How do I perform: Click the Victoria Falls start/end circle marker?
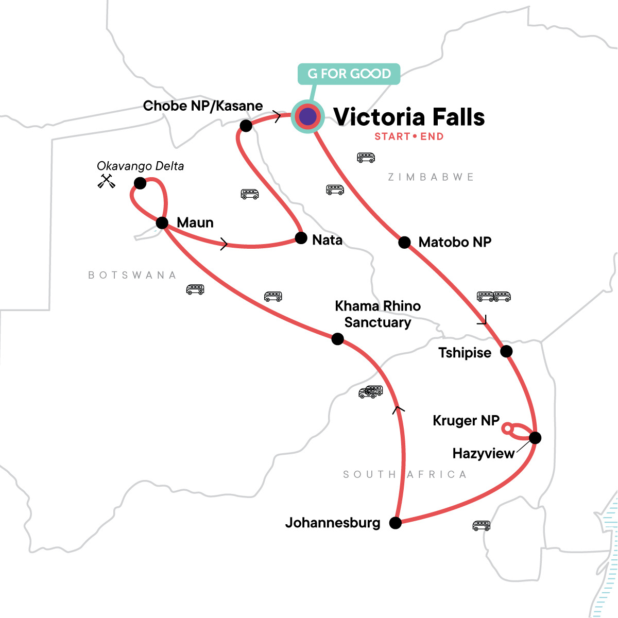tap(307, 117)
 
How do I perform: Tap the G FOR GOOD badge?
tap(349, 74)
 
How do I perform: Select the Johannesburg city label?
tap(333, 523)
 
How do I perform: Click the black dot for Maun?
tap(162, 223)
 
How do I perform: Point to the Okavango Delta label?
tap(140, 166)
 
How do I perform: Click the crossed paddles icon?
tap(107, 181)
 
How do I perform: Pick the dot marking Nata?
tap(301, 238)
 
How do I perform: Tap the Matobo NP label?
tap(455, 242)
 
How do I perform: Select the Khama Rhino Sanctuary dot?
tap(337, 339)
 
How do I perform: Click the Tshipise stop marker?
tap(506, 351)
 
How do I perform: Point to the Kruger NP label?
tap(466, 421)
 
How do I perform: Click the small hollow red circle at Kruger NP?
tap(507, 428)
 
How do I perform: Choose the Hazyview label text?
tap(483, 454)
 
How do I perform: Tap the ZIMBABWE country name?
tap(431, 177)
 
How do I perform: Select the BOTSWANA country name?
tap(132, 275)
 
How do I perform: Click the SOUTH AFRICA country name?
tap(405, 474)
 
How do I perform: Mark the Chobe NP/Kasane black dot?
tap(246, 125)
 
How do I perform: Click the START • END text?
tap(409, 136)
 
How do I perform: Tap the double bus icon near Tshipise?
tap(493, 296)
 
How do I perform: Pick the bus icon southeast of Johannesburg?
tap(481, 525)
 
